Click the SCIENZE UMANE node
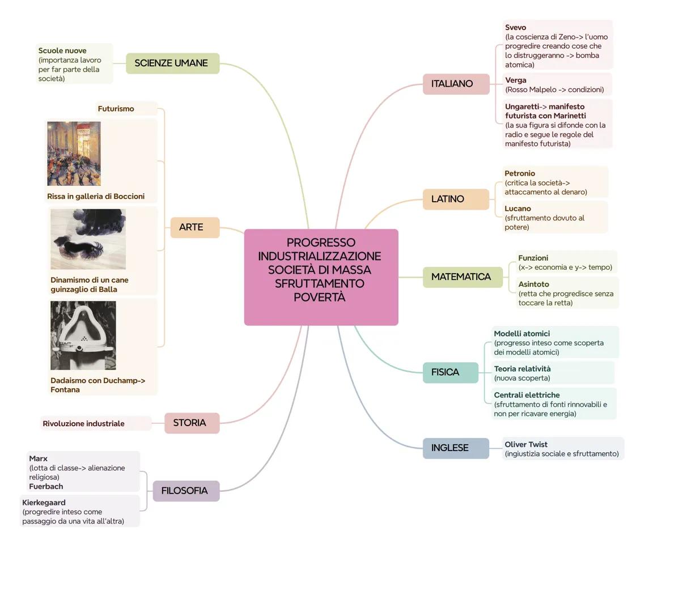click(172, 63)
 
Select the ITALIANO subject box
click(455, 84)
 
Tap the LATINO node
click(455, 199)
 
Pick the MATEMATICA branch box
click(462, 277)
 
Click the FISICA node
click(450, 372)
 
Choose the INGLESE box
click(455, 448)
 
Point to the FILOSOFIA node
click(185, 491)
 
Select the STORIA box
click(191, 423)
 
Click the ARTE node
click(194, 227)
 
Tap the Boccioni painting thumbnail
click(74, 154)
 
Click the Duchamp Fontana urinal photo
click(83, 335)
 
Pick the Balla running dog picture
click(88, 239)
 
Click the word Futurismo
click(116, 109)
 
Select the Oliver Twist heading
click(526, 444)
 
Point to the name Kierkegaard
click(44, 503)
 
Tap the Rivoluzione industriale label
click(83, 423)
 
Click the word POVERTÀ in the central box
click(320, 297)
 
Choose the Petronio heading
click(520, 173)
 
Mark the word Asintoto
click(533, 284)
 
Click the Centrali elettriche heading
click(527, 395)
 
